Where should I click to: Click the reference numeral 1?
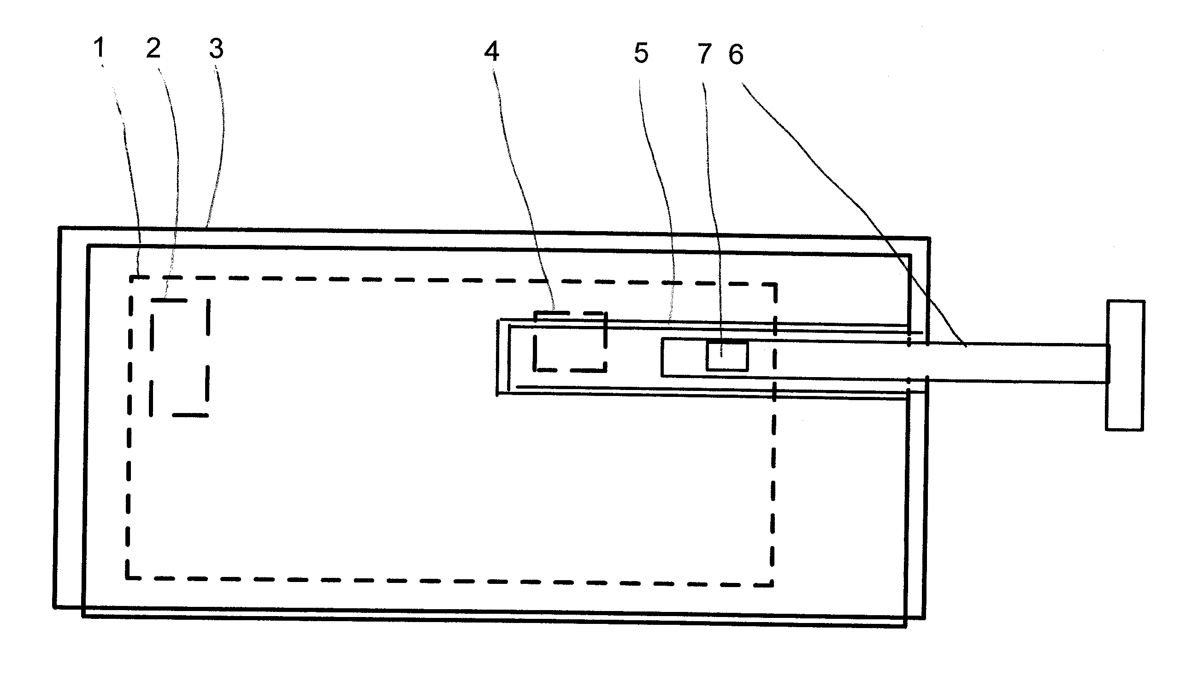99,47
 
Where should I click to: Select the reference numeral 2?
153,48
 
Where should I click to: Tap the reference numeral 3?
216,49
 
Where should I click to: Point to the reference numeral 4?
491,51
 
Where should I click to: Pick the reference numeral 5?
641,53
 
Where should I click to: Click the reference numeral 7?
705,54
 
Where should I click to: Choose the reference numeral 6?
736,55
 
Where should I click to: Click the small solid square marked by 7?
727,356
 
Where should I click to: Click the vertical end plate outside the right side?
1125,365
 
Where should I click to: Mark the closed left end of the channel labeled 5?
498,357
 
